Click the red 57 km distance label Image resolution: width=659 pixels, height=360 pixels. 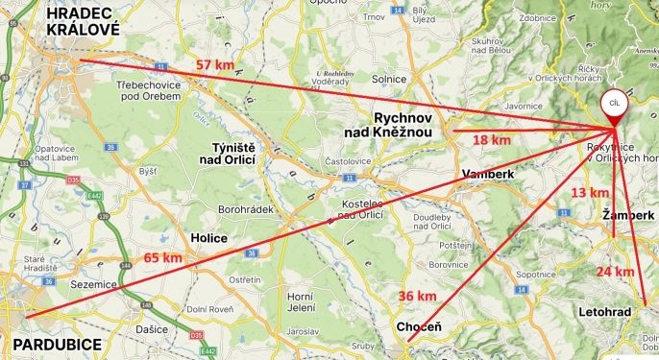[x=216, y=64]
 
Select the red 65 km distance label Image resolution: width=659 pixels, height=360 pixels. [x=162, y=257]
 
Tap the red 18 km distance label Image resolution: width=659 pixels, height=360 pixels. [x=492, y=140]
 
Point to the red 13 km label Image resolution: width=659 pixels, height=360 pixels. [x=590, y=193]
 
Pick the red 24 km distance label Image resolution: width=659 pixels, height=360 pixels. [x=615, y=272]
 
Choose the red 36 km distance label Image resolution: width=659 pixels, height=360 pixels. [x=418, y=295]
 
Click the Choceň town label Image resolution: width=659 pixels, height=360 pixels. [x=420, y=328]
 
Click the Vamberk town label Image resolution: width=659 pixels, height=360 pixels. [x=488, y=174]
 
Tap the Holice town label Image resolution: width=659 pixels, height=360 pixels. [x=209, y=237]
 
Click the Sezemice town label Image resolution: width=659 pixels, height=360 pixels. [x=95, y=286]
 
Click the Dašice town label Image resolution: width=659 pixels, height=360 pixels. [x=152, y=329]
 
